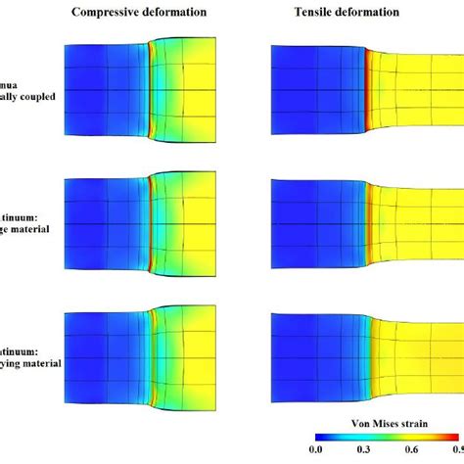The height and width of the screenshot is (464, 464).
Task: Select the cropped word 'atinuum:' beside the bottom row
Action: (x=19, y=348)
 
